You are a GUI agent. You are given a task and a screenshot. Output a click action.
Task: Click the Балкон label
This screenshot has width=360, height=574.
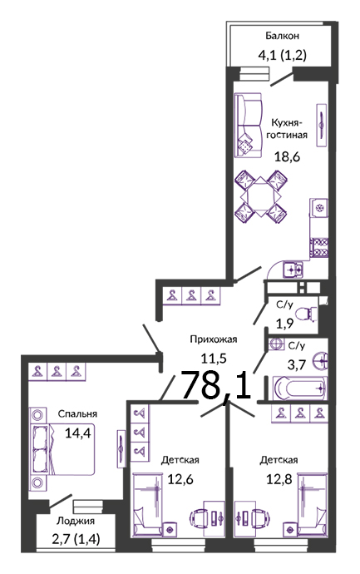[x=282, y=36]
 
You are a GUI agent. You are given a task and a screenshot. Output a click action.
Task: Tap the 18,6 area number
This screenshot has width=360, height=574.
[x=287, y=156]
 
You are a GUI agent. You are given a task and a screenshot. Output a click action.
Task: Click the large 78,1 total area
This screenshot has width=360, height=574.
[x=216, y=385]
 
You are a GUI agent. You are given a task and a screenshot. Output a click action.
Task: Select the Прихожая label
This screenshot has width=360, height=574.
[x=214, y=339]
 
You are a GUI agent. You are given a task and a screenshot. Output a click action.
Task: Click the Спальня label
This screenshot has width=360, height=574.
[x=77, y=414]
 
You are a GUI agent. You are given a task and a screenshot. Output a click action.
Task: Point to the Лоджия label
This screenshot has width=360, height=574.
[x=76, y=521]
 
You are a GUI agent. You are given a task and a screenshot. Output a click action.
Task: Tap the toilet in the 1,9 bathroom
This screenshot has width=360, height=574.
[x=306, y=314]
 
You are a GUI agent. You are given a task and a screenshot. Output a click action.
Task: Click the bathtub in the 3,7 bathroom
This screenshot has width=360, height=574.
[x=299, y=388]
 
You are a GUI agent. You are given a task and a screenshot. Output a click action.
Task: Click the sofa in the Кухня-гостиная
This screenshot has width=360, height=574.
[x=248, y=126]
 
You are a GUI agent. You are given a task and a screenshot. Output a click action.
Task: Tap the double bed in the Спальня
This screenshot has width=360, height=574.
[x=62, y=449]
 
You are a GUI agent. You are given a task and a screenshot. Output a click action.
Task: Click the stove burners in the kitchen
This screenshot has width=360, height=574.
[x=319, y=248]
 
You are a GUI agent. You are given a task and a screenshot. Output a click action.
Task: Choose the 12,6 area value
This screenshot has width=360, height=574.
[x=180, y=479]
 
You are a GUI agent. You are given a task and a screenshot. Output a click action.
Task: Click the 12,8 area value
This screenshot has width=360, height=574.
[x=279, y=479]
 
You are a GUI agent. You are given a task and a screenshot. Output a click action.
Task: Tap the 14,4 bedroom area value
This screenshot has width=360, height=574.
[x=77, y=433]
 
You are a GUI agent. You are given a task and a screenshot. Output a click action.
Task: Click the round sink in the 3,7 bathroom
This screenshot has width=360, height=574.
[x=320, y=362]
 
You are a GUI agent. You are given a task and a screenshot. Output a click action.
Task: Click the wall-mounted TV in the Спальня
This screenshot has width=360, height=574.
[x=121, y=448]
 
